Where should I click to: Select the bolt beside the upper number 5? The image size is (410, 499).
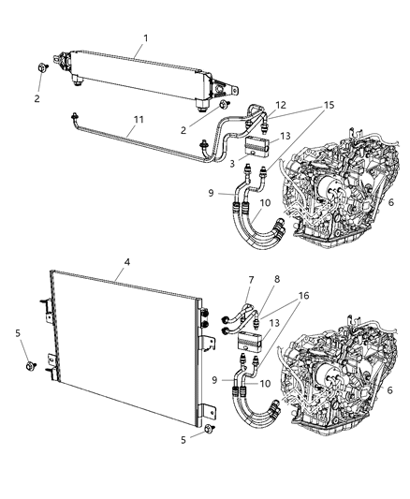pos(31,363)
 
